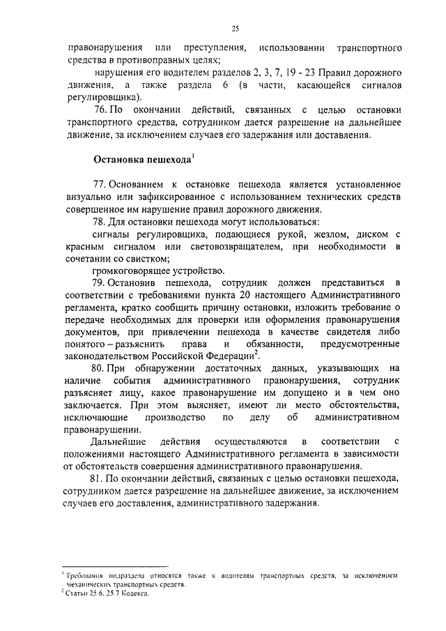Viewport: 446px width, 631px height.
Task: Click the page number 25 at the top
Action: (236, 28)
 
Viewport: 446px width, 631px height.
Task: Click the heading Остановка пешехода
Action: (142, 160)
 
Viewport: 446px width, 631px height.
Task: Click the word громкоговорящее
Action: (131, 271)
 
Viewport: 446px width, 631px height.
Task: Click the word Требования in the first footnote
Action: (84, 575)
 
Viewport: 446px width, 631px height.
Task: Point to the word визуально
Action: (91, 196)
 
